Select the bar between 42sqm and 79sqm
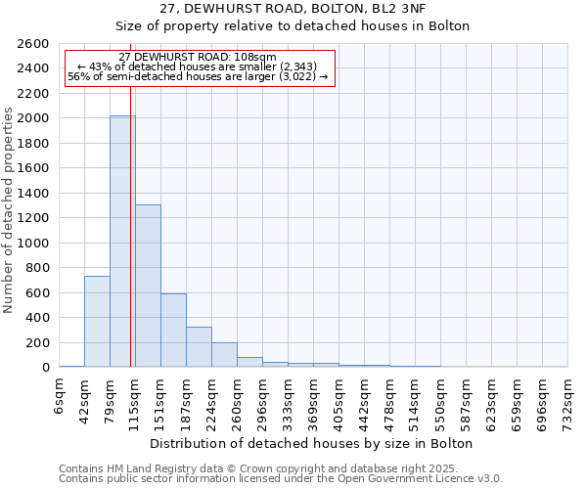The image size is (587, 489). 97,322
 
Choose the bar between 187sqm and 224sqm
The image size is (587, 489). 199,347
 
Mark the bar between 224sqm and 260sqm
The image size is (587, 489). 224,355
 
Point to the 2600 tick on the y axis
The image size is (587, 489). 35,44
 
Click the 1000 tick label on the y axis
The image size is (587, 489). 35,244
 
